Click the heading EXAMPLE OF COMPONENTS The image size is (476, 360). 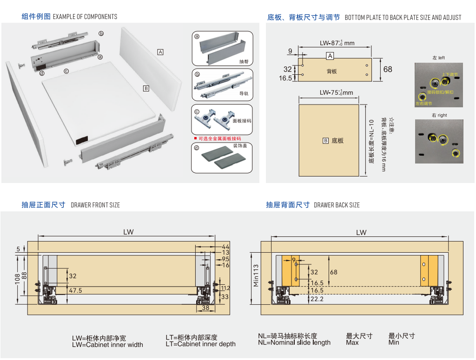(85, 17)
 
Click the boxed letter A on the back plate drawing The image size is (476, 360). (330, 56)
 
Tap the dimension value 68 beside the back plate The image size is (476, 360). (388, 69)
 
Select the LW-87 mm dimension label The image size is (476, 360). (337, 43)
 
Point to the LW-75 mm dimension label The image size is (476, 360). (336, 92)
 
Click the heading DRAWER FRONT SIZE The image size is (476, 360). (95, 205)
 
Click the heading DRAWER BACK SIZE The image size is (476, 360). (337, 205)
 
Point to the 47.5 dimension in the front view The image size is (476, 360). (75, 290)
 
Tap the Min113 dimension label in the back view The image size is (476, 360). (256, 275)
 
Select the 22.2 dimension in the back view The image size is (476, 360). (317, 299)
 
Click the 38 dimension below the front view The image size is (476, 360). (205, 308)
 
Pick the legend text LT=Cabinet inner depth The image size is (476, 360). (200, 344)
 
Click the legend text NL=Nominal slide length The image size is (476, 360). (294, 343)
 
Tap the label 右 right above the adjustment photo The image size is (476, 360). (439, 115)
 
